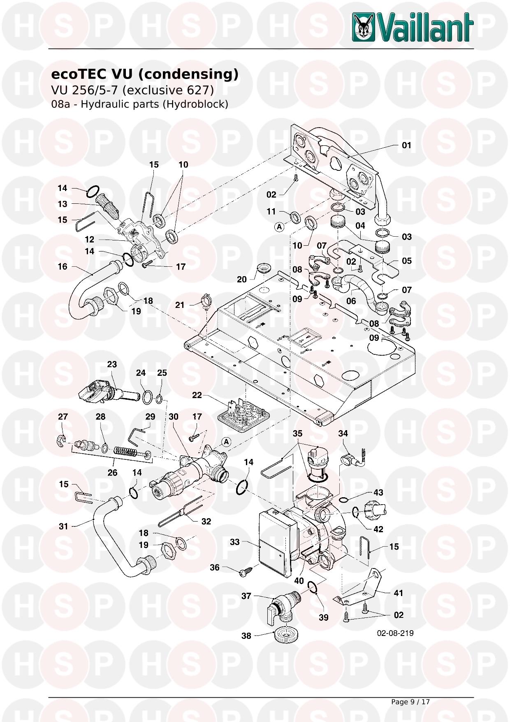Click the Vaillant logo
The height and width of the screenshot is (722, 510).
click(413, 27)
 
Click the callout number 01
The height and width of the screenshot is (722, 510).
click(406, 145)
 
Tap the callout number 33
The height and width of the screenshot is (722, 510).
click(234, 542)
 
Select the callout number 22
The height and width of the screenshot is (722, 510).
click(197, 395)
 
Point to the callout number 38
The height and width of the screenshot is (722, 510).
click(246, 636)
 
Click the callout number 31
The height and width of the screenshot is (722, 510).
click(63, 526)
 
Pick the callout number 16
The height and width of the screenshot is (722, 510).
click(62, 267)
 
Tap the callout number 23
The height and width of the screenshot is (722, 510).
click(112, 364)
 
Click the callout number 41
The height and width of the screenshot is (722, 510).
click(398, 593)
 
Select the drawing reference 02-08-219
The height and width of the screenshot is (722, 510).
click(395, 633)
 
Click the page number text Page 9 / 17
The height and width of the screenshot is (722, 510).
click(410, 702)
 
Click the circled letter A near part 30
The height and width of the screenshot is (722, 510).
click(226, 442)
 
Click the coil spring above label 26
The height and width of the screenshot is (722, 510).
click(126, 452)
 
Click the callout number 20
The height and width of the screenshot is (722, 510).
click(242, 279)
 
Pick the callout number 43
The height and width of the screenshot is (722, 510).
click(378, 493)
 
